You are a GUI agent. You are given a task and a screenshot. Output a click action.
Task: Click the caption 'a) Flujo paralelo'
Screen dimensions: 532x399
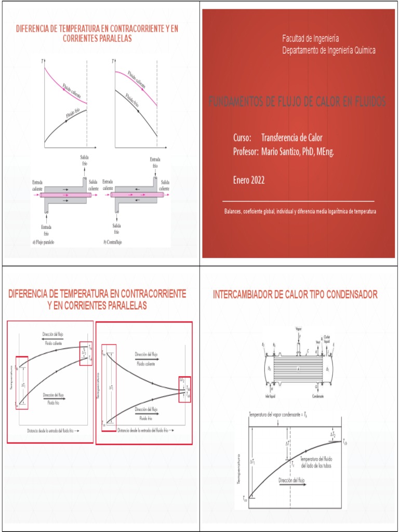tap(44, 243)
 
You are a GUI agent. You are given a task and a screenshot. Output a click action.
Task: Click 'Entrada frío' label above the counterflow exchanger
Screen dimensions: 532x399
tap(155, 162)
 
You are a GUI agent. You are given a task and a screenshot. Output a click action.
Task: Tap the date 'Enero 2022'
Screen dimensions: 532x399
tap(249, 180)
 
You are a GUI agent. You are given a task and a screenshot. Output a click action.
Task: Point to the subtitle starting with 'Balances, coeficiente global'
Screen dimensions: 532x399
tap(300, 211)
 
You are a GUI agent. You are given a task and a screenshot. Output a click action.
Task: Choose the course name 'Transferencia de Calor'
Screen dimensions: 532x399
tap(291, 138)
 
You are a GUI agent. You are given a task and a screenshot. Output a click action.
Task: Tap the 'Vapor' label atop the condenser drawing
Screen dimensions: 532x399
tap(298, 328)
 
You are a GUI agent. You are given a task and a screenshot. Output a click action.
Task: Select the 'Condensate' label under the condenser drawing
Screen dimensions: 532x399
tap(318, 396)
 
